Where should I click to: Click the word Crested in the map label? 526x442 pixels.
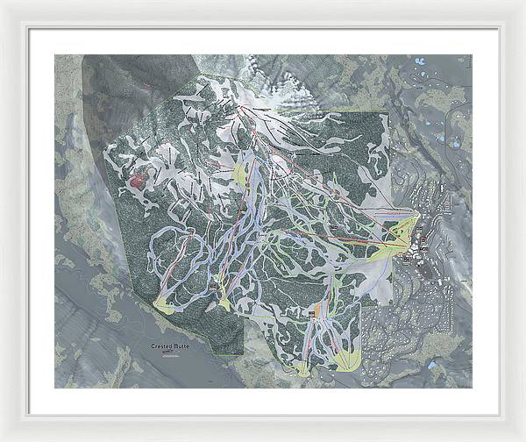162,346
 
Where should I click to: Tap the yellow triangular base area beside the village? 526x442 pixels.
401,232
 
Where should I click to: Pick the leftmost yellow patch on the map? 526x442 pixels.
164,304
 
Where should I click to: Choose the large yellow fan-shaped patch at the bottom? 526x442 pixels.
347,359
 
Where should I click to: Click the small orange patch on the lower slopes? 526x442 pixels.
314,311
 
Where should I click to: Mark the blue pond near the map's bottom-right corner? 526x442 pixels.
432,363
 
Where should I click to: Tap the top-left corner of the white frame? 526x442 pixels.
3,3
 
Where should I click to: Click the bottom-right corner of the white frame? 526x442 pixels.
522,438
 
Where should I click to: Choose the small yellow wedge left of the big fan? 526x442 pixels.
303,369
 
